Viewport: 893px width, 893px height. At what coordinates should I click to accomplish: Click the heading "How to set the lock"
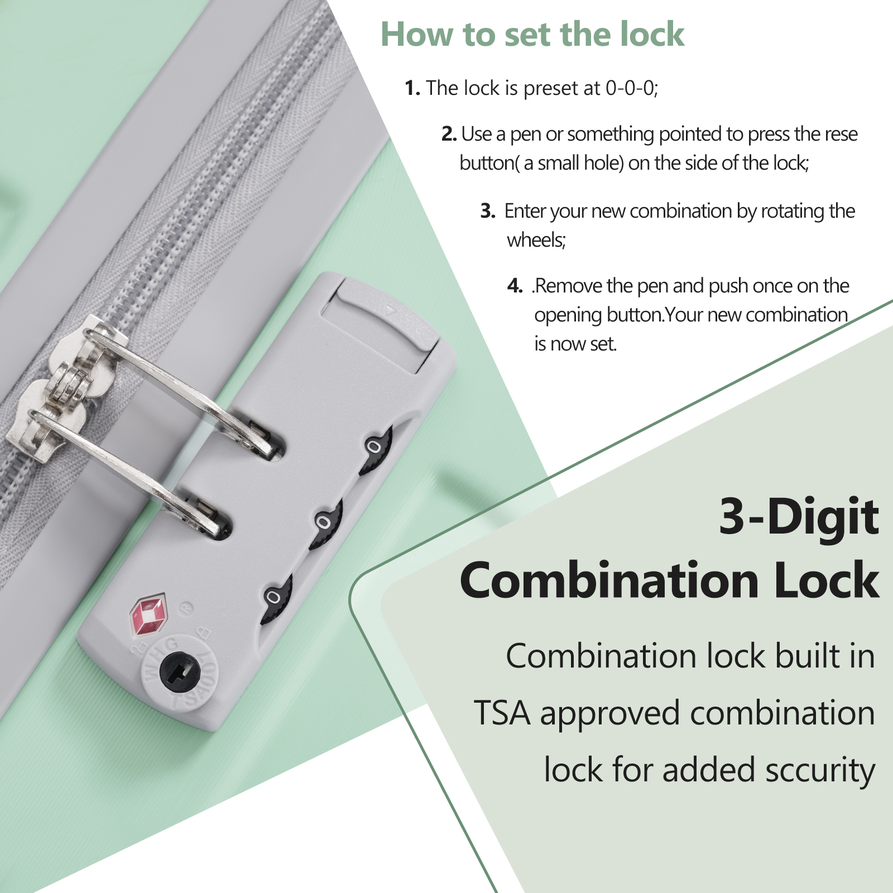coord(532,35)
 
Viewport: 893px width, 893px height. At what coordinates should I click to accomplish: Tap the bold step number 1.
coord(412,88)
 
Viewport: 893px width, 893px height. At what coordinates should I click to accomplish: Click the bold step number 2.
coord(449,134)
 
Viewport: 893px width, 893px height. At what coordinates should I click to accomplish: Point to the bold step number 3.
coord(488,211)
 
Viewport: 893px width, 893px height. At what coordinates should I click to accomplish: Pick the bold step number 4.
coord(515,286)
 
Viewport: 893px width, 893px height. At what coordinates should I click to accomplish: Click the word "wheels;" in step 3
coord(536,241)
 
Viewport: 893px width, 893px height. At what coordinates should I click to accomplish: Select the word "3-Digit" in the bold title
coord(799,517)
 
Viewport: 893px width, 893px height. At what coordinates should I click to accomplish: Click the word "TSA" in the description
coord(502,713)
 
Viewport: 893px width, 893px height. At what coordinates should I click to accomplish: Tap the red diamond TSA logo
coord(148,615)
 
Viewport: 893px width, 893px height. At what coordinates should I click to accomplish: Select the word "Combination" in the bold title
coord(608,580)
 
